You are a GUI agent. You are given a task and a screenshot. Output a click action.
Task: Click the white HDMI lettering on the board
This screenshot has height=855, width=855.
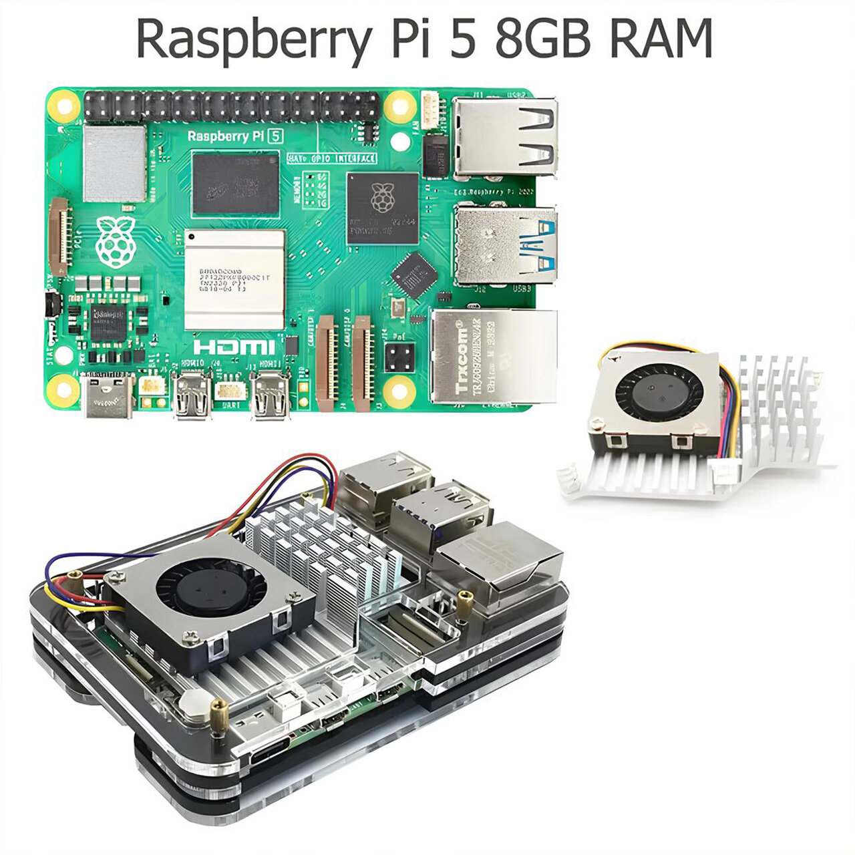pyautogui.click(x=233, y=347)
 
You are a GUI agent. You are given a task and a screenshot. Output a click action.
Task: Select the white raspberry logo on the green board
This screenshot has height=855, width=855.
pyautogui.click(x=116, y=241)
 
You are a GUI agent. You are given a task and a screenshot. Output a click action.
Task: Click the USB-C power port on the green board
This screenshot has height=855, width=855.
pyautogui.click(x=107, y=397)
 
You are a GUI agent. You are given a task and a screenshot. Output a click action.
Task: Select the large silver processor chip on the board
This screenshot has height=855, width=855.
pyautogui.click(x=234, y=279)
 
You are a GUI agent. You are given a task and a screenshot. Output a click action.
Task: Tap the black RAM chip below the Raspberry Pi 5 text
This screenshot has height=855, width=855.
pyautogui.click(x=235, y=182)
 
